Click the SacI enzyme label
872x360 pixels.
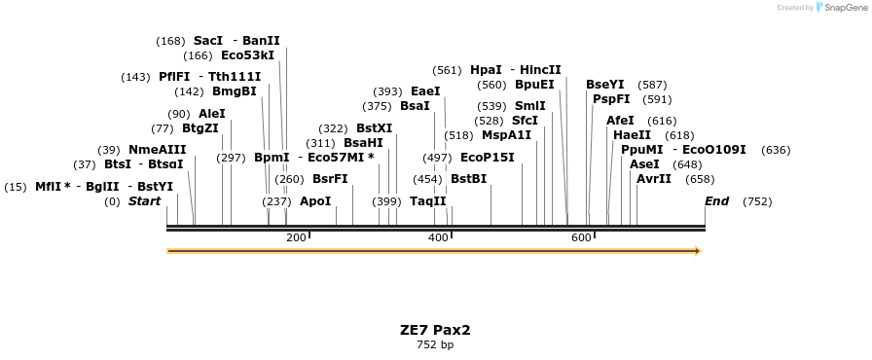(x=207, y=41)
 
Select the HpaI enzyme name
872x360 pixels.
(x=486, y=70)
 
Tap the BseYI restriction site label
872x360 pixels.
(x=604, y=85)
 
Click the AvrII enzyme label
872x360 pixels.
(x=653, y=179)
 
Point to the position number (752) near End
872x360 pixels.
(x=756, y=201)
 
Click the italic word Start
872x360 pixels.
(x=144, y=201)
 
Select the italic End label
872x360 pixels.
(x=716, y=201)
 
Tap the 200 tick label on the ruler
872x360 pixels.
(x=296, y=238)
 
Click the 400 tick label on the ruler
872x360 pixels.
(x=438, y=238)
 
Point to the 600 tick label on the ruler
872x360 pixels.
(x=581, y=238)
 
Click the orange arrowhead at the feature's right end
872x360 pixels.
(x=697, y=251)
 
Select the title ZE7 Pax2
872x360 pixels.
(x=435, y=330)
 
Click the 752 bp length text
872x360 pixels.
(x=435, y=344)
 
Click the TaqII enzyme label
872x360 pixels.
(x=427, y=201)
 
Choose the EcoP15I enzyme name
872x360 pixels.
(x=487, y=158)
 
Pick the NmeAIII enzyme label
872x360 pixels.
(x=157, y=150)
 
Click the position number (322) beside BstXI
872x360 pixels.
(x=333, y=128)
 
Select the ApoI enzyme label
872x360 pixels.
(x=315, y=201)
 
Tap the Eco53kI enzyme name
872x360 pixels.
(x=247, y=55)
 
